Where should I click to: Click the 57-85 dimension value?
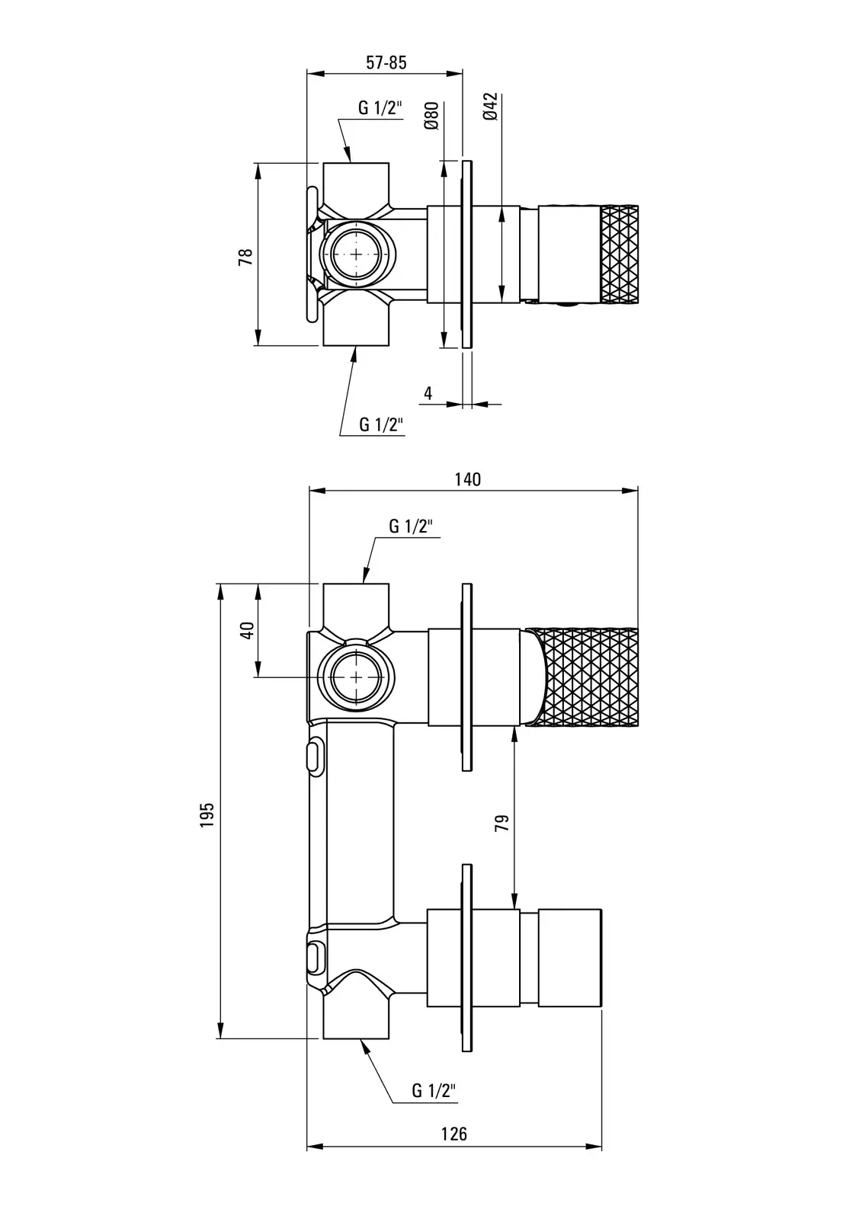point(386,63)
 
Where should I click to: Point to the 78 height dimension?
point(245,256)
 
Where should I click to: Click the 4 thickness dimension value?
point(428,393)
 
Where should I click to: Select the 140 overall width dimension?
point(468,479)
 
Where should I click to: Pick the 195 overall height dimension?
point(209,812)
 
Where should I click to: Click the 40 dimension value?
point(247,631)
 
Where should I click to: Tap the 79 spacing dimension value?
point(501,823)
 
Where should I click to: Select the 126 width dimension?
point(454,1134)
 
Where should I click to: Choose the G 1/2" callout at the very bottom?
point(434,1091)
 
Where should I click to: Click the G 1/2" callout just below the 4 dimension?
point(381,424)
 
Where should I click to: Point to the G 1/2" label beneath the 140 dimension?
point(411,526)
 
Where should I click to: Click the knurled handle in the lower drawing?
point(588,677)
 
